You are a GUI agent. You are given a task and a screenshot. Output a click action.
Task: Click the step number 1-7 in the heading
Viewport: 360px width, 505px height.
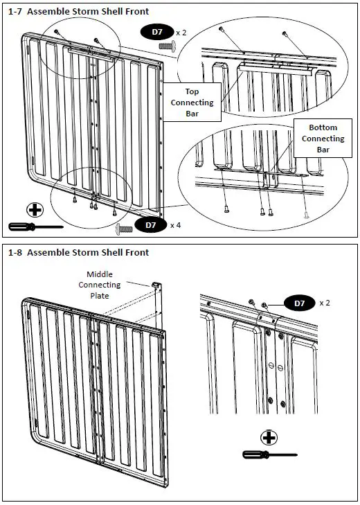(x=16, y=12)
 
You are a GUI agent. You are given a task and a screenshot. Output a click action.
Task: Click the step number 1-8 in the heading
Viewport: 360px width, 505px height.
(x=16, y=252)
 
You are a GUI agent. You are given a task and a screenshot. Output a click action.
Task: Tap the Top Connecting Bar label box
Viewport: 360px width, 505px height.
(x=192, y=103)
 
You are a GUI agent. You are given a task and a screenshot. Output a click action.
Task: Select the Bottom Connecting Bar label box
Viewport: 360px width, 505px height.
(x=323, y=138)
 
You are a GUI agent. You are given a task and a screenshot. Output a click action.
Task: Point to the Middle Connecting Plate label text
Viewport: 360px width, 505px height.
(x=100, y=285)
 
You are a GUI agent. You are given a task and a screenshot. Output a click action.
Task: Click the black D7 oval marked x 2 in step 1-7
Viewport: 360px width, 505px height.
(x=157, y=32)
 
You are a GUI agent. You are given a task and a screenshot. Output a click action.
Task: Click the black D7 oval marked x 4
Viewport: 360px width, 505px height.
(x=151, y=225)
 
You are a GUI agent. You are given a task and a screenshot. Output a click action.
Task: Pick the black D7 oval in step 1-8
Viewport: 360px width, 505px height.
(x=300, y=303)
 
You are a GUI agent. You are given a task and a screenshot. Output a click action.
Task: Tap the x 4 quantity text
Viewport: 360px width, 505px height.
(x=175, y=225)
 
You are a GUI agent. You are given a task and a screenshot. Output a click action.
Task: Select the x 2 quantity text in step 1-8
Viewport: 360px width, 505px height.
(x=325, y=303)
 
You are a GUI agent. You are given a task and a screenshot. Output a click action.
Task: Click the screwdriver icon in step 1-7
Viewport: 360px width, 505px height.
(x=36, y=227)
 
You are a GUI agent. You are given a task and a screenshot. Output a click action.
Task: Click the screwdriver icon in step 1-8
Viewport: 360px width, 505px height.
(x=270, y=454)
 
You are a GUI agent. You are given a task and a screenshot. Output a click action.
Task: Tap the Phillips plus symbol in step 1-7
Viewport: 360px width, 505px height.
(x=35, y=211)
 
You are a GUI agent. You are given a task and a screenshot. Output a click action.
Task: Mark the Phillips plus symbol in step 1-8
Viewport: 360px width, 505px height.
(x=269, y=438)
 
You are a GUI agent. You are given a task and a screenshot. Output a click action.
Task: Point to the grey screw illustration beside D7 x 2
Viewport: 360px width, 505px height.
(x=167, y=46)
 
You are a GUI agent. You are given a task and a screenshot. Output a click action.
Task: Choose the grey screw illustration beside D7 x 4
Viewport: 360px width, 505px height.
(x=124, y=229)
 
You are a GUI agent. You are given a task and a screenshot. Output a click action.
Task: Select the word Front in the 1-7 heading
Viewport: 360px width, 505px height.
(x=138, y=12)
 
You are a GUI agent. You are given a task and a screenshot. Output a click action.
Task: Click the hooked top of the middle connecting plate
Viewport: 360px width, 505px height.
(x=156, y=285)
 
